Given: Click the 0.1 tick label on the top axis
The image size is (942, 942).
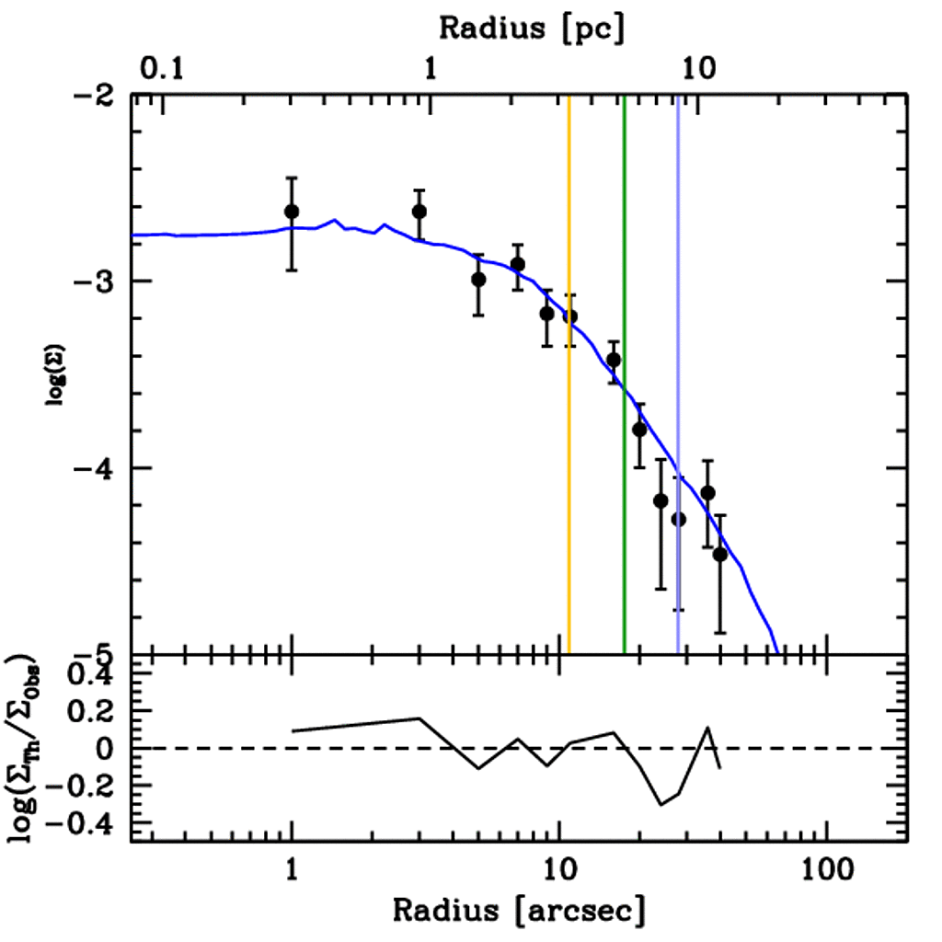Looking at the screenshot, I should click(161, 69).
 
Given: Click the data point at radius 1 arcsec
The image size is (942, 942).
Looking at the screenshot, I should click(292, 212).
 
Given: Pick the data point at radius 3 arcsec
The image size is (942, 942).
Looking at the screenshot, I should click(419, 212).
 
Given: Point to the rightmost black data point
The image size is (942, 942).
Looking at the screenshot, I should click(720, 554).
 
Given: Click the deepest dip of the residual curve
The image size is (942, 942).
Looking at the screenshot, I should click(661, 805).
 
